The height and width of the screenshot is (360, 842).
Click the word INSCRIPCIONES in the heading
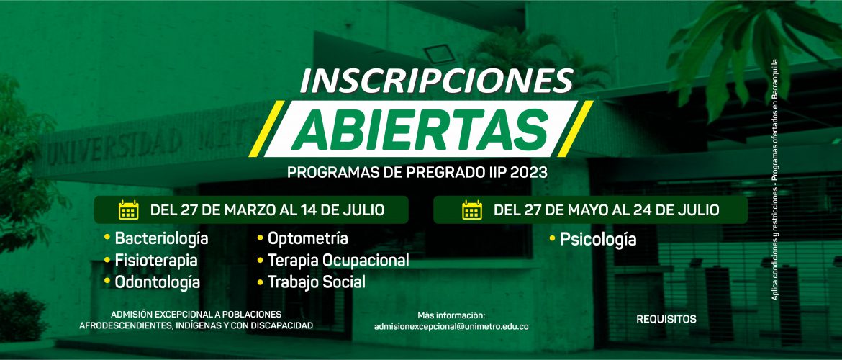click(436, 81)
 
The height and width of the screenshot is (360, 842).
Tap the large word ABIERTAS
click(420, 130)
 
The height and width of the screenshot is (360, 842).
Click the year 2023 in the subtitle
click(529, 173)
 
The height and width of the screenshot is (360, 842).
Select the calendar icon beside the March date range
click(128, 210)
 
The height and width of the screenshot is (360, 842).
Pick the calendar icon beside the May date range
click(472, 210)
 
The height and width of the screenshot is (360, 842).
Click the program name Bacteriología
click(161, 238)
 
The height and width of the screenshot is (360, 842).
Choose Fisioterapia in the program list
click(155, 261)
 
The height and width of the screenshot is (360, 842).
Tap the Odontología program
click(158, 283)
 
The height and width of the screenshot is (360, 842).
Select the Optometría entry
click(308, 238)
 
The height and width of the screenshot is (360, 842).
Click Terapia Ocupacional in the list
click(338, 261)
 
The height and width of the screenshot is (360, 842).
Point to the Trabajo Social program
click(316, 282)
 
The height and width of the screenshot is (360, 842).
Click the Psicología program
click(597, 240)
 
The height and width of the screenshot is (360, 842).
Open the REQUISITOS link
click(666, 319)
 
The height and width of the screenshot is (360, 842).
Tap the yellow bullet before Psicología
click(552, 237)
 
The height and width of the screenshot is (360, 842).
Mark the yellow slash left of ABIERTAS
click(267, 128)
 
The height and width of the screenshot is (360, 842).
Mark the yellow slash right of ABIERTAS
click(574, 128)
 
